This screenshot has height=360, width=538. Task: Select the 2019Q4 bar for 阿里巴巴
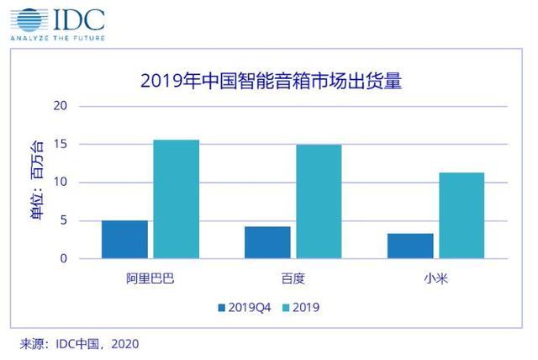124,240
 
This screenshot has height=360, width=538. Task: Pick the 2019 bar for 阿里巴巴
176,199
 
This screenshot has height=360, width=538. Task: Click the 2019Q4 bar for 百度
267,242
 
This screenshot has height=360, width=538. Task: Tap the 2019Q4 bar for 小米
410,246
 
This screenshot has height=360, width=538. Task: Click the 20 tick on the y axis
61,106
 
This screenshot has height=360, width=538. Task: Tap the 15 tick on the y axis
61,145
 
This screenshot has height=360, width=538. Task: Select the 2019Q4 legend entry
245,307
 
